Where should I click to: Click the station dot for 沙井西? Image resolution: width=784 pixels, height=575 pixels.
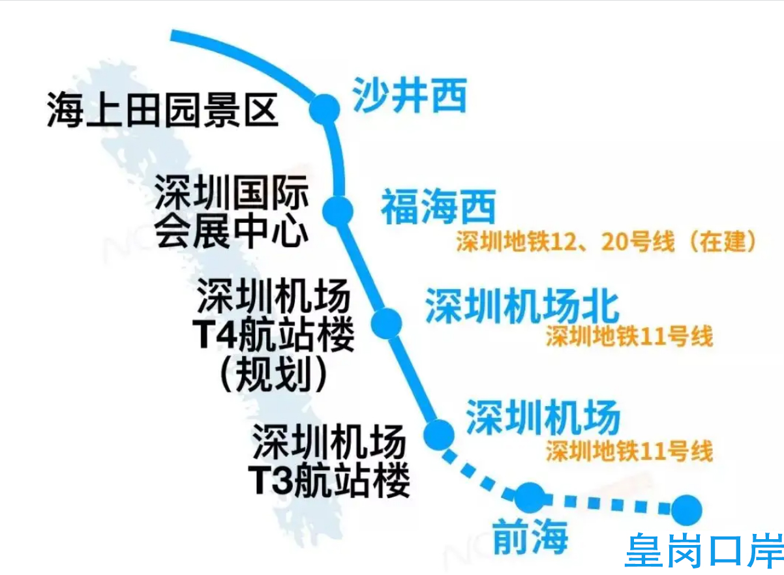tap(324, 109)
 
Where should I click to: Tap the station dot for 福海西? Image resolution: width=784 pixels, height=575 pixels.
tap(338, 211)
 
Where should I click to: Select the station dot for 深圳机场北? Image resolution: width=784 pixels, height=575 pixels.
tap(386, 323)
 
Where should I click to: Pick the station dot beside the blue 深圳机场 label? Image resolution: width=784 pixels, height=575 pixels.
tap(439, 435)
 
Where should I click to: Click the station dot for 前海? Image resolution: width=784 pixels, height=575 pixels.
tap(530, 497)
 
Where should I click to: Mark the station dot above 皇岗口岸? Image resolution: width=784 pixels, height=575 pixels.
tap(687, 510)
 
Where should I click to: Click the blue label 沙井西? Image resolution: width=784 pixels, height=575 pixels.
tap(410, 95)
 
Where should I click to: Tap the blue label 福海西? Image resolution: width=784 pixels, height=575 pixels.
tap(438, 207)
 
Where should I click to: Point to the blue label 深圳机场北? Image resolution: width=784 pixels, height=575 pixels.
tap(522, 306)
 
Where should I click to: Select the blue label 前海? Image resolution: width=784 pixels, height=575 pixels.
tap(530, 538)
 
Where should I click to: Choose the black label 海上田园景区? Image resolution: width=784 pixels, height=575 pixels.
tap(163, 110)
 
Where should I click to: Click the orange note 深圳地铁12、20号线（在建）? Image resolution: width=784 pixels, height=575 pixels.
tap(606, 241)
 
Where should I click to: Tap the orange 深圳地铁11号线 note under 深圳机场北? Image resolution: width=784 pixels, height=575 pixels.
tap(629, 336)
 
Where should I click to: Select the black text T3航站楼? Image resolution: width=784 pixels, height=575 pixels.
tap(329, 480)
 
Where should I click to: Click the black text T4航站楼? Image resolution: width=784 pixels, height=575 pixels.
tap(273, 334)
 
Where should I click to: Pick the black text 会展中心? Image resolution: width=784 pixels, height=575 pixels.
tap(232, 230)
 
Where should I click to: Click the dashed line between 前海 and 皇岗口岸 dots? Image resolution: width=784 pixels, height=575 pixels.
tap(609, 504)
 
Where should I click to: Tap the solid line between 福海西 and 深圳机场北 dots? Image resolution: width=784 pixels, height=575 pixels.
tap(362, 267)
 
